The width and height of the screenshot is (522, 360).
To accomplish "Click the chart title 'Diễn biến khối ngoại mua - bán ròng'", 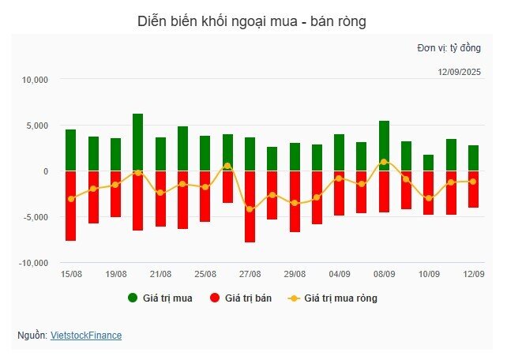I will pyautogui.click(x=251, y=21).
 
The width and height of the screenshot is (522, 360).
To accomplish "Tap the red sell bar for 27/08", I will pyautogui.click(x=250, y=206).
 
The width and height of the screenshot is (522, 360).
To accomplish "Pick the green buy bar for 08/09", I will pyautogui.click(x=384, y=146).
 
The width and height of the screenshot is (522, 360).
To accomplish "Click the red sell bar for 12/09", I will pyautogui.click(x=473, y=189).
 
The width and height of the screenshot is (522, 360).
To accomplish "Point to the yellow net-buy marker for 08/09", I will pyautogui.click(x=384, y=162).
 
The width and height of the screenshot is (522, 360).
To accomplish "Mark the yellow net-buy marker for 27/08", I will pyautogui.click(x=250, y=208).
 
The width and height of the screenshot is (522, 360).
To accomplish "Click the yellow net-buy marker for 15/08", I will pyautogui.click(x=70, y=198).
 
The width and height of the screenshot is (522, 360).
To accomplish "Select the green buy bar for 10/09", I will pyautogui.click(x=429, y=163).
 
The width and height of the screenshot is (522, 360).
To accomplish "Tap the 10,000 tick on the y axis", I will pyautogui.click(x=36, y=80).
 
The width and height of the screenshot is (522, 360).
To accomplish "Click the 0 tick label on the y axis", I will pyautogui.click(x=46, y=171).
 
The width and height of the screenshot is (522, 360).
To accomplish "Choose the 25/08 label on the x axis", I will pyautogui.click(x=205, y=274).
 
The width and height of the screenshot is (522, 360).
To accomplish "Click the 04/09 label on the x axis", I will pyautogui.click(x=340, y=274).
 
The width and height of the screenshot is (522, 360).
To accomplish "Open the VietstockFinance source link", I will pyautogui.click(x=86, y=336).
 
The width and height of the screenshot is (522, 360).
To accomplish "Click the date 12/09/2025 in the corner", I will pyautogui.click(x=459, y=73).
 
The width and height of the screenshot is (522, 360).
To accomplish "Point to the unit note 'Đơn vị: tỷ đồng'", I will pyautogui.click(x=449, y=48).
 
